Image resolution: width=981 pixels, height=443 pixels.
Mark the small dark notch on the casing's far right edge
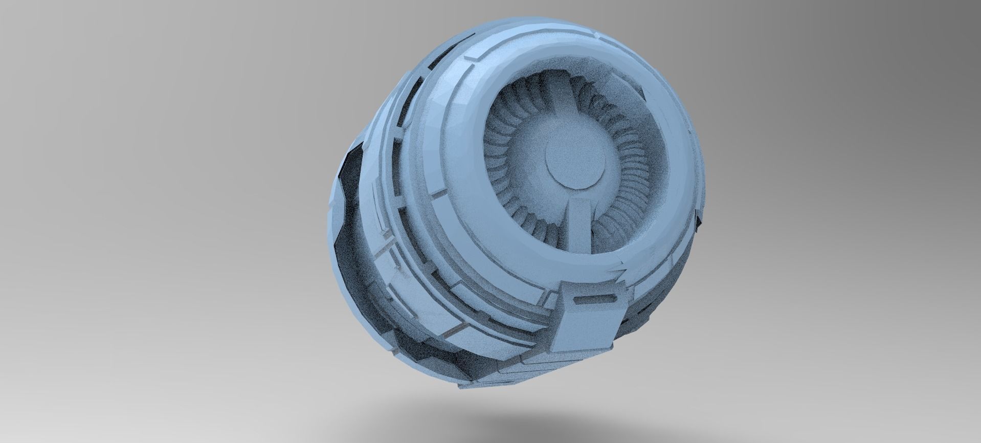point(699,219)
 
